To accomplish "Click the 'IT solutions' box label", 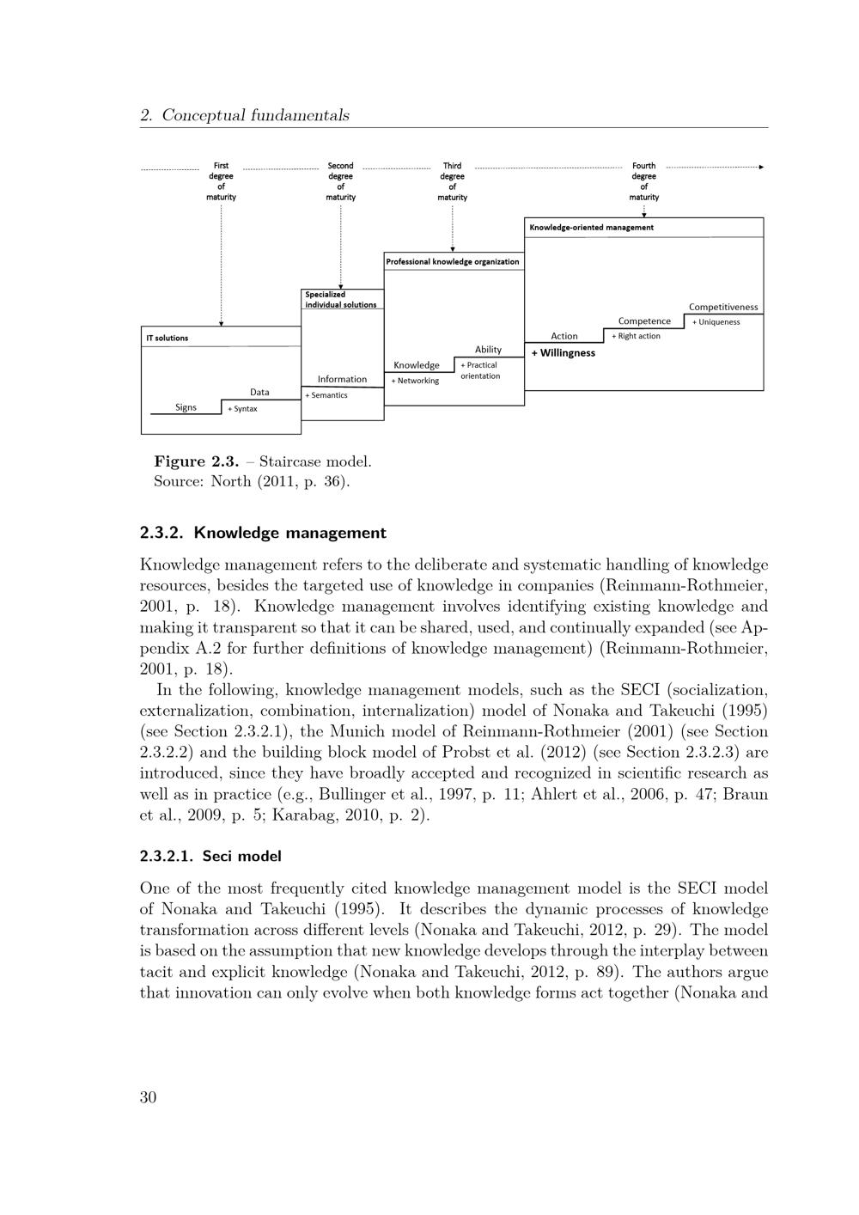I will pos(167,338).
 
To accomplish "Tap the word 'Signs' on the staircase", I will pos(186,407).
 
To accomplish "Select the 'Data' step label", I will pos(259,392).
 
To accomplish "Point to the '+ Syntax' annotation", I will pos(242,409).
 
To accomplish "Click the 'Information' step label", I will pos(342,379).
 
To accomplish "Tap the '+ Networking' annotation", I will pos(415,381).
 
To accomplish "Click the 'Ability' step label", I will pos(488,349).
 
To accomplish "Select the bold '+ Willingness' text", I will pos(564,353).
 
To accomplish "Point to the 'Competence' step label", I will pos(644,321).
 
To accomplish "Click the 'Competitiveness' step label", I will pos(723,307).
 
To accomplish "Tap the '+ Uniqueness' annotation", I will pos(716,322).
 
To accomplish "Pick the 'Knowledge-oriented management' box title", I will pos(591,228).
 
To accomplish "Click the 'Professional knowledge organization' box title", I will pos(452,261).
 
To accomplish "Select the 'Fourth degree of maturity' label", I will pos(643,181).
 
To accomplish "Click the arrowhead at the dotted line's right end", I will pos(760,167).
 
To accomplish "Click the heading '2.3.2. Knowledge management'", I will pos(263,533).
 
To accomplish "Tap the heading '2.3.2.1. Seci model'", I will pos(210,856).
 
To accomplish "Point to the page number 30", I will pos(148,1097).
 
